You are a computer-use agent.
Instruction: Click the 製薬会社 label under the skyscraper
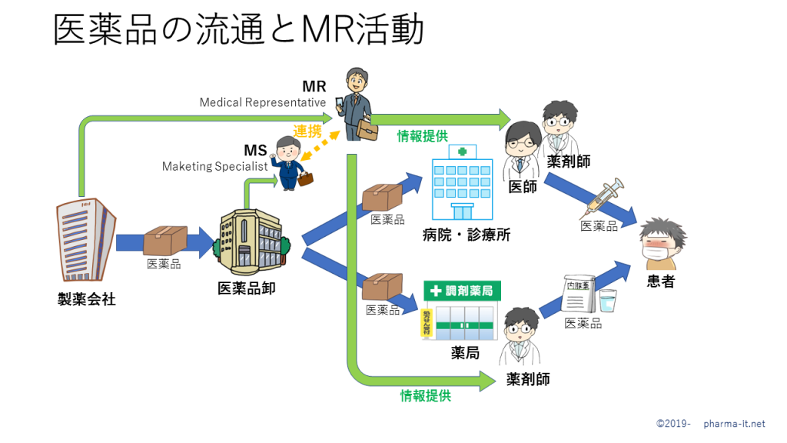(x=87, y=299)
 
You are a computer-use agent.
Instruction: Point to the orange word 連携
(x=307, y=132)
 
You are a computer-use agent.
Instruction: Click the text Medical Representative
(x=263, y=102)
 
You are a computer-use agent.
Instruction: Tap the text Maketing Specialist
(x=214, y=166)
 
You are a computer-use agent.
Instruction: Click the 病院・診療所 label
(x=467, y=235)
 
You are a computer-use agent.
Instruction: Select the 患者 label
(x=660, y=281)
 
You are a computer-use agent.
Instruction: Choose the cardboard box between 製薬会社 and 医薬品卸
(x=165, y=240)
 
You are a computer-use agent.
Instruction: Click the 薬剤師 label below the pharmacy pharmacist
(x=528, y=379)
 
